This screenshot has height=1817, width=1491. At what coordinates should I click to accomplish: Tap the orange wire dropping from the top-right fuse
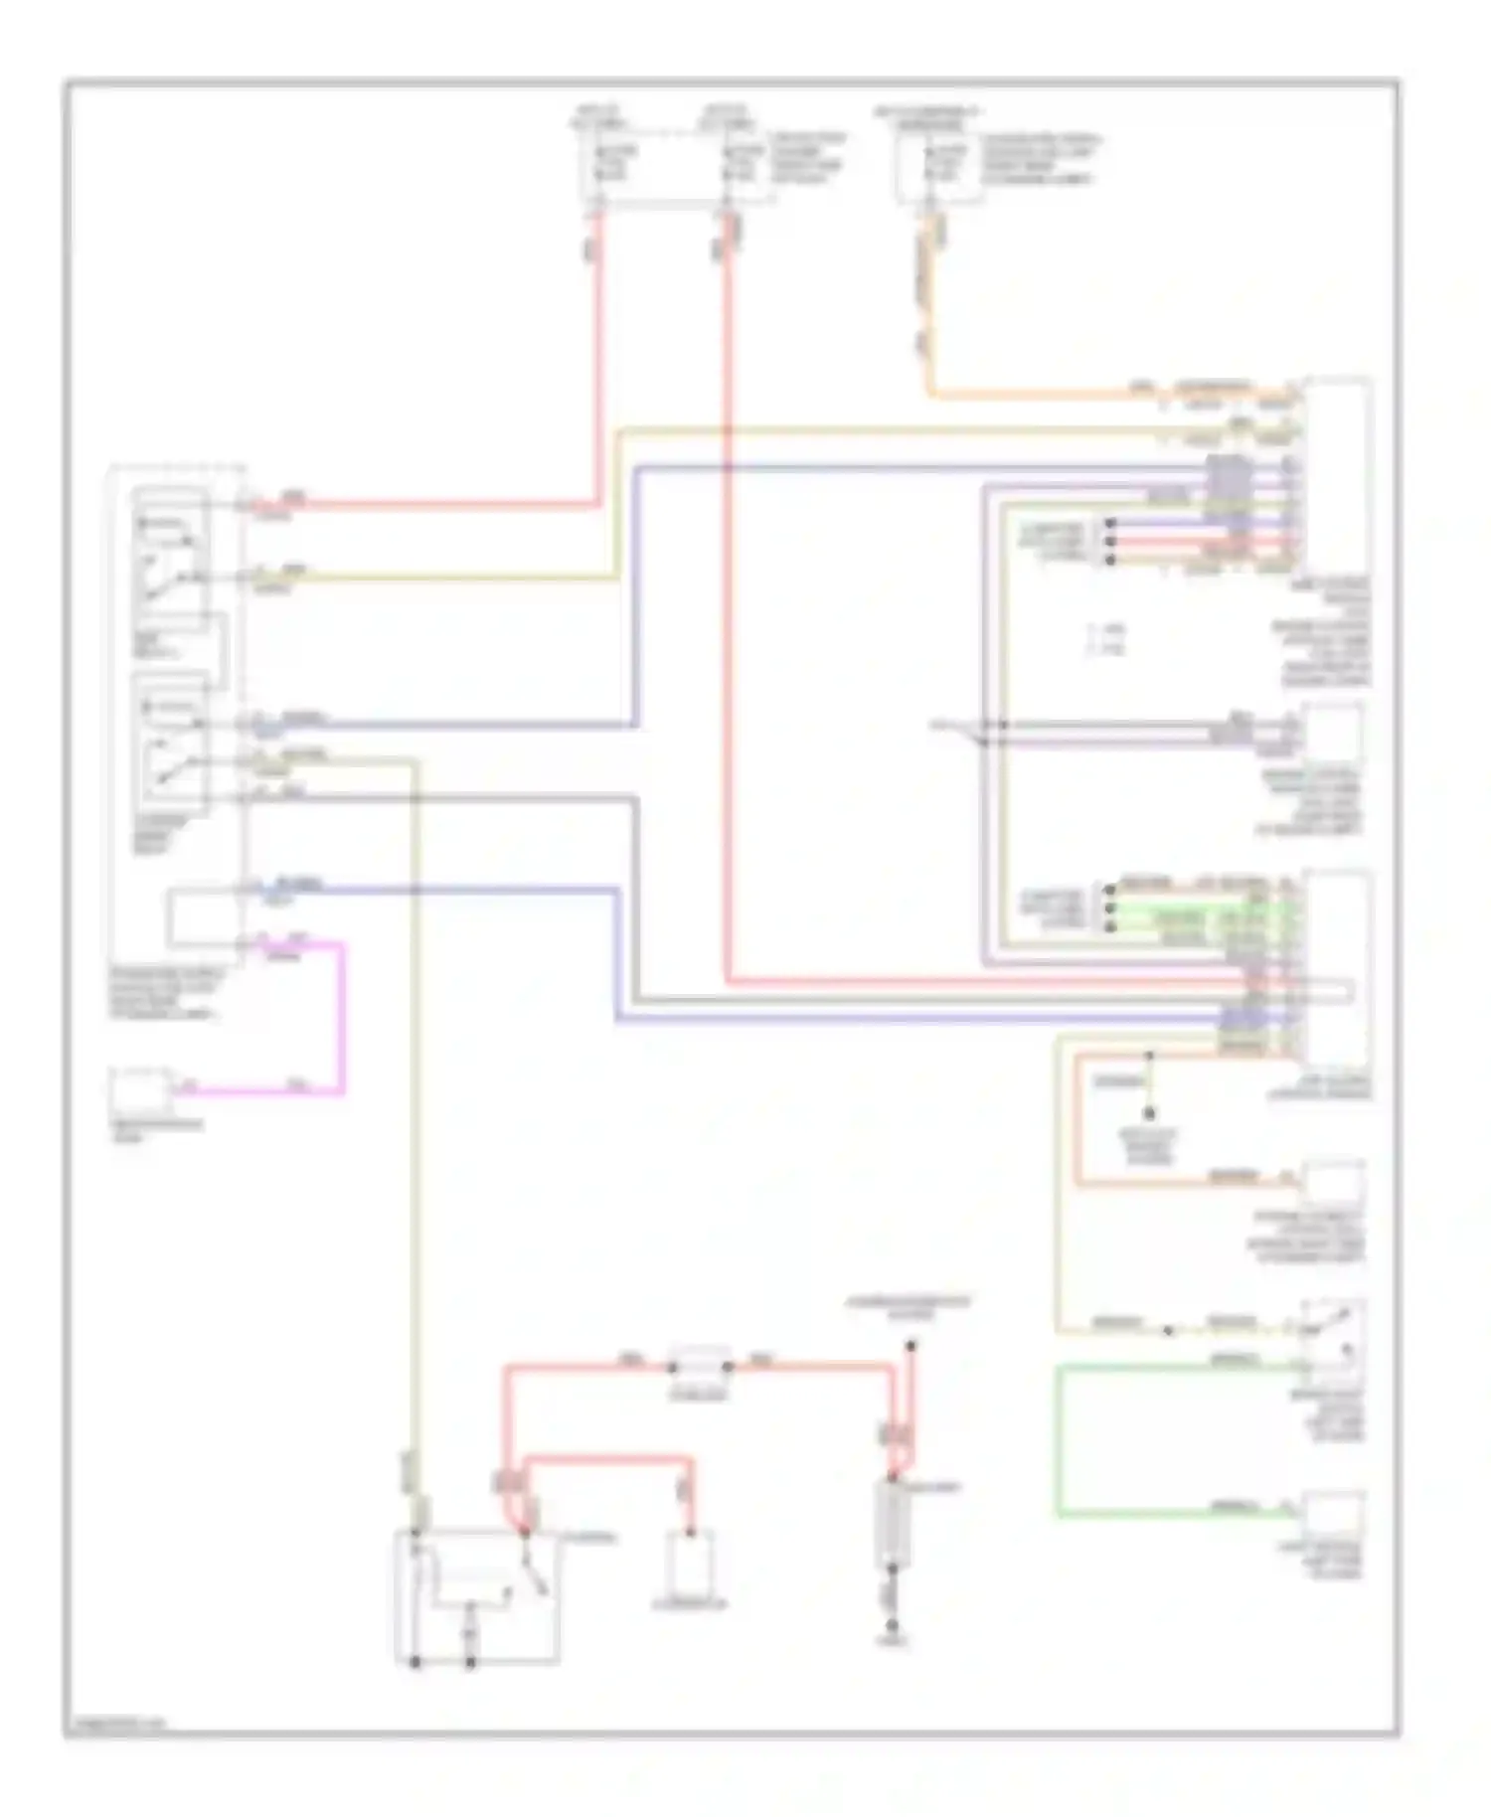tap(930, 318)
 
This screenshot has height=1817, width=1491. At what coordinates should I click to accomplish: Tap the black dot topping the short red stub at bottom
tap(910, 1346)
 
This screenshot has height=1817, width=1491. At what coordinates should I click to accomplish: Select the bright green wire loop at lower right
tap(1060, 1441)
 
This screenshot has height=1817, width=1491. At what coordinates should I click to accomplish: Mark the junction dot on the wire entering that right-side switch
tap(1169, 1330)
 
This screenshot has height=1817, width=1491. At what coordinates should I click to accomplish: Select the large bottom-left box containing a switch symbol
tap(477, 1596)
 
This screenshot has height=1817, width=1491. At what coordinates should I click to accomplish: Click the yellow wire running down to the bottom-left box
tap(414, 1093)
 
